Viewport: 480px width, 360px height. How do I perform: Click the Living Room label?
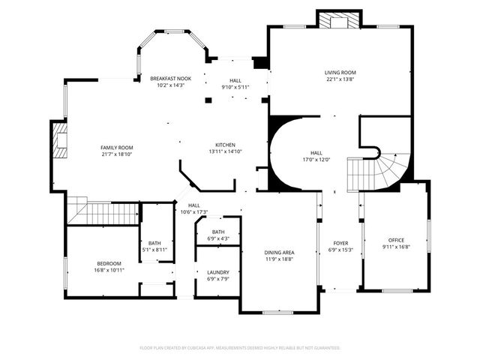(x=340, y=73)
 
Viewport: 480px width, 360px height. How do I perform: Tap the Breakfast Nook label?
(x=170, y=79)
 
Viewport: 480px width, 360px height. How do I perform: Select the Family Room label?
(x=116, y=148)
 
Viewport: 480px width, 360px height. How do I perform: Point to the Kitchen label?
(x=226, y=145)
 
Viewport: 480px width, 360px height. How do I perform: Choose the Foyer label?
(x=341, y=243)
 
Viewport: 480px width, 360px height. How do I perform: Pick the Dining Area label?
(x=279, y=253)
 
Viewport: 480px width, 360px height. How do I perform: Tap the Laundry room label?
(x=218, y=272)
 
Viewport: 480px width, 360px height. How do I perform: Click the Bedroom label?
(x=110, y=262)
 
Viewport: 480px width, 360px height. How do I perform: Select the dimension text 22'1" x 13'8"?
(x=340, y=79)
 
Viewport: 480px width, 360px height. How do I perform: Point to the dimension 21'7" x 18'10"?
(x=116, y=154)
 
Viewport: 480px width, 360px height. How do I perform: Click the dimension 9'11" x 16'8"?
(x=396, y=246)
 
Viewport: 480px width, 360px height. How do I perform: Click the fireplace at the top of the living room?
(x=339, y=19)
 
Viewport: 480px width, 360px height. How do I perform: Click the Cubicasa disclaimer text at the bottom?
(x=240, y=348)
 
